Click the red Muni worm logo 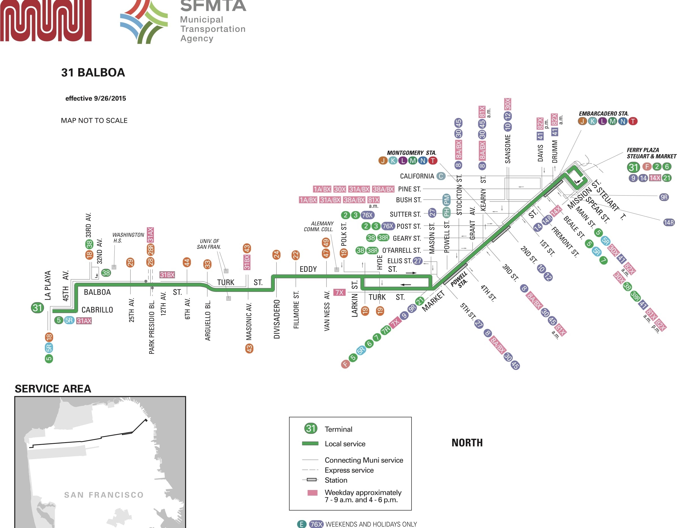coord(46,20)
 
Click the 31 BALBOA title coord(93,73)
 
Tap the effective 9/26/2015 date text coord(96,98)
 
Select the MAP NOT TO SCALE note coord(94,120)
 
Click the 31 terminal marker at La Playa coord(37,308)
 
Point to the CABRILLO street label coord(97,310)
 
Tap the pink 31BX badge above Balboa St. coord(167,275)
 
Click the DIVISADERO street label coord(277,319)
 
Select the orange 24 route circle coord(276,255)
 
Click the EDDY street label coord(308,269)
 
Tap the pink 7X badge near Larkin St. coord(339,292)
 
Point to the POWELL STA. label coord(459,280)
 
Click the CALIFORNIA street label coord(417,176)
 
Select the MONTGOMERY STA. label coord(411,153)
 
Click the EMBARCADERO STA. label coord(604,114)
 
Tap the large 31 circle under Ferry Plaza coord(633,167)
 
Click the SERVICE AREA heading coord(53,389)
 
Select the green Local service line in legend coord(310,444)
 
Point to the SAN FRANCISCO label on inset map coord(104,495)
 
